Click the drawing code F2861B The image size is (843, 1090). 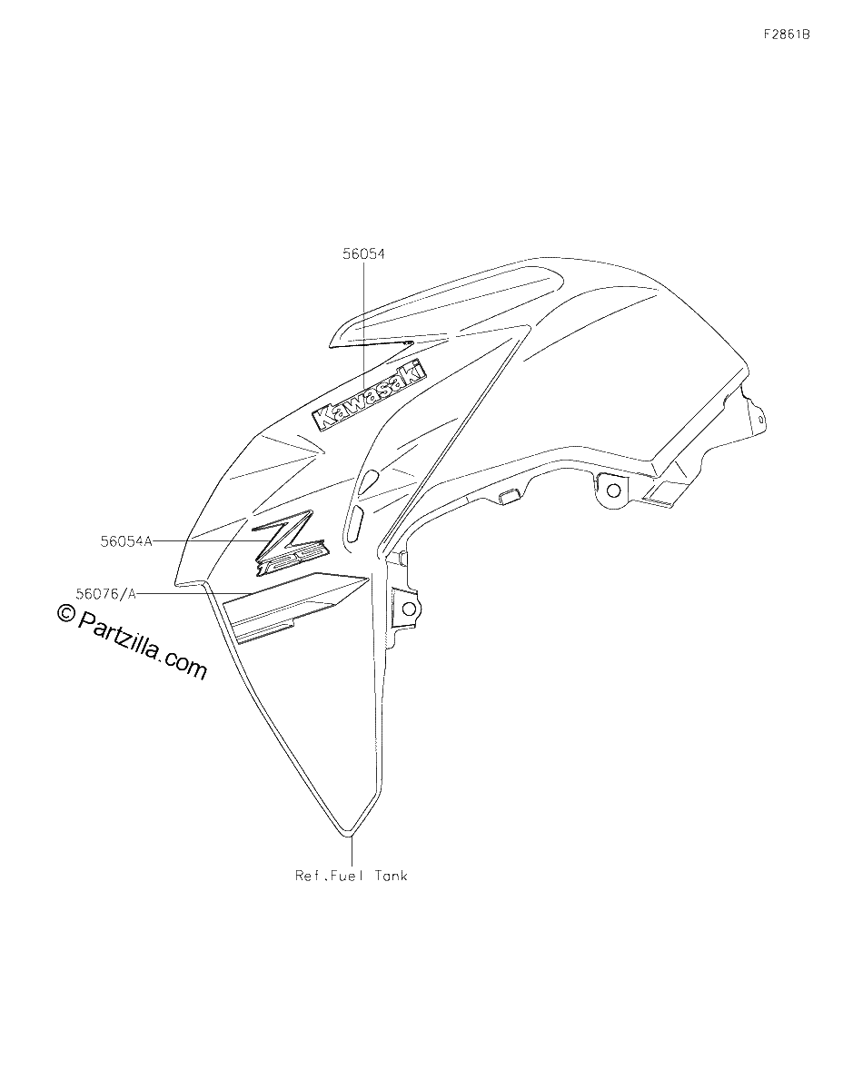[x=787, y=35]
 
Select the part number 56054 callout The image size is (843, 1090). [x=363, y=254]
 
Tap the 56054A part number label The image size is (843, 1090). [x=126, y=541]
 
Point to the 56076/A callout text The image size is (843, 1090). [x=105, y=594]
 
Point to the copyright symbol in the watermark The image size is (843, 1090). [x=65, y=612]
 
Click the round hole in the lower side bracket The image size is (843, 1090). [x=409, y=609]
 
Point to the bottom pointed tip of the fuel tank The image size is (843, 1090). [x=352, y=837]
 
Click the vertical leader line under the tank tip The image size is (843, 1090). [x=352, y=851]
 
